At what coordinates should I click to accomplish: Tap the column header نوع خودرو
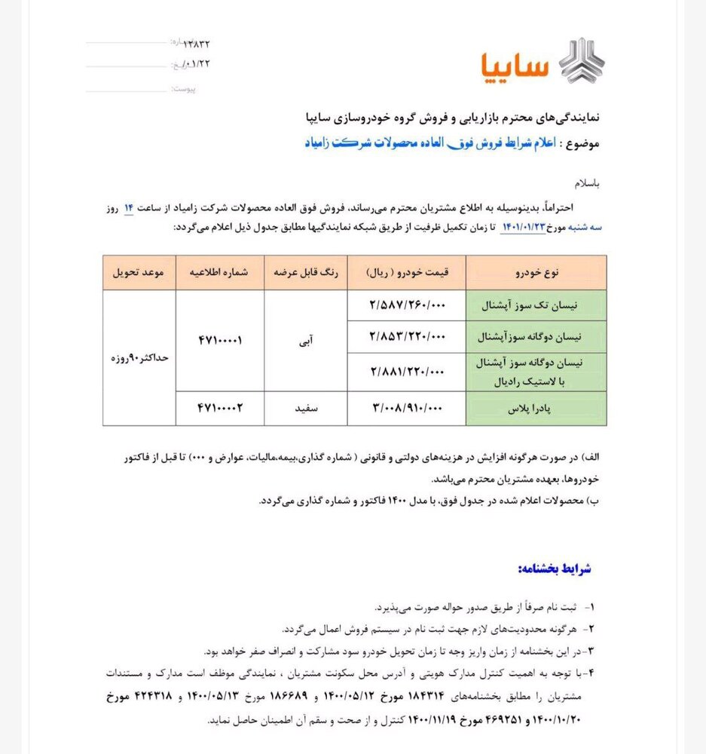pyautogui.click(x=536, y=271)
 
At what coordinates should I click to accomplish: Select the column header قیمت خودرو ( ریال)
pyautogui.click(x=407, y=271)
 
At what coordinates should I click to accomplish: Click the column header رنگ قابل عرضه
pyautogui.click(x=305, y=271)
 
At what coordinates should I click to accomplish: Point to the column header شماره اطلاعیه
pyautogui.click(x=219, y=271)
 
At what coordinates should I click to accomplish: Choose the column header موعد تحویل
pyautogui.click(x=139, y=271)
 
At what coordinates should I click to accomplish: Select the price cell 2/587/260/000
pyautogui.click(x=407, y=306)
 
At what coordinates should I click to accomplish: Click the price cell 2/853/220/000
pyautogui.click(x=407, y=337)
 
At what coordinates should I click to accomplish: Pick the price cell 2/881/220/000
pyautogui.click(x=407, y=371)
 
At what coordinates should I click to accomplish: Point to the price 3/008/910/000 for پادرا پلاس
pyautogui.click(x=407, y=409)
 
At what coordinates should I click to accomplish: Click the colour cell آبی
pyautogui.click(x=305, y=340)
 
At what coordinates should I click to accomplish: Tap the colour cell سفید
pyautogui.click(x=305, y=409)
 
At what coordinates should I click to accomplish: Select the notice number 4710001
pyautogui.click(x=219, y=340)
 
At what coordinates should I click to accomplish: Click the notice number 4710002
pyautogui.click(x=219, y=409)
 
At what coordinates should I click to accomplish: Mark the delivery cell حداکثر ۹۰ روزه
pyautogui.click(x=139, y=357)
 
